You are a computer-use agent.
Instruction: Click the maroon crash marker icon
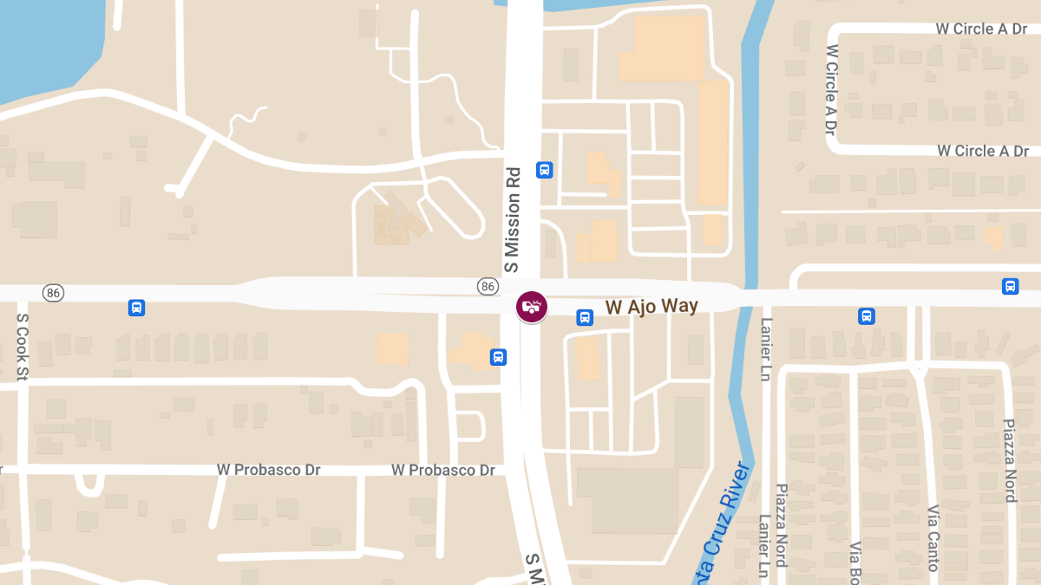[x=532, y=307]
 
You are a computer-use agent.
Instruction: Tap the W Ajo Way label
[x=651, y=306]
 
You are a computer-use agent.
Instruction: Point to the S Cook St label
[x=23, y=347]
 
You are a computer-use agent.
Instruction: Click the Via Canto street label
[x=933, y=537]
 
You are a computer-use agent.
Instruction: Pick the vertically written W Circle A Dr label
[x=830, y=90]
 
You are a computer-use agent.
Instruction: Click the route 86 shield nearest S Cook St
[x=54, y=293]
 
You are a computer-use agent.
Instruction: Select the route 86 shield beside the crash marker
[x=488, y=286]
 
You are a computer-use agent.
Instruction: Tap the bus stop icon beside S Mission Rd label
[x=545, y=170]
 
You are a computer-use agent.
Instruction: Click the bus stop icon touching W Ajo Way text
[x=586, y=318]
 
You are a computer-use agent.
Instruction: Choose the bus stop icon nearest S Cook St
[x=136, y=307]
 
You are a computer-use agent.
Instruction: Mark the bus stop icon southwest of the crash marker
[x=498, y=356]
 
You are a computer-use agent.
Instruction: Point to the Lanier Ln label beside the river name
[x=764, y=546]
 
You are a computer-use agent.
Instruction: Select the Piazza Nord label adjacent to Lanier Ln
[x=781, y=525]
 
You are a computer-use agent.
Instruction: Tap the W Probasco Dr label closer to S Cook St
[x=268, y=470]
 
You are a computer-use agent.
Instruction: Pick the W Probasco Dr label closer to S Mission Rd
[x=442, y=470]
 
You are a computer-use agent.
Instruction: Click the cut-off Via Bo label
[x=855, y=562]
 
